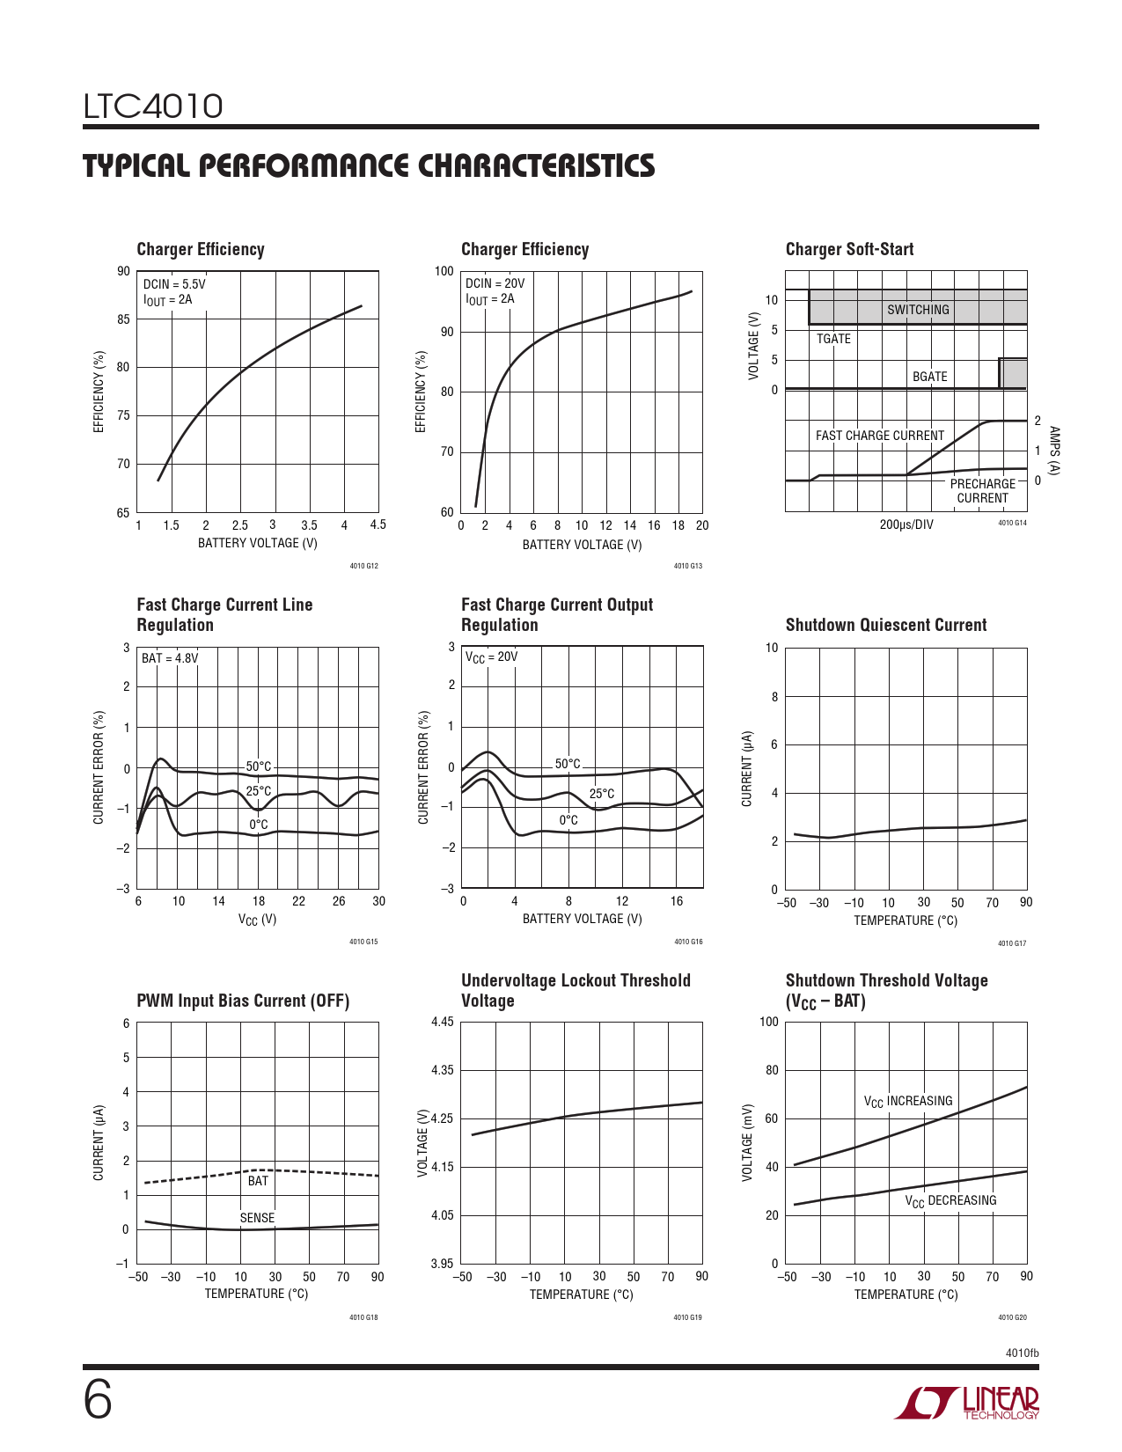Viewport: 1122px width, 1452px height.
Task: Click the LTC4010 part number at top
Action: click(152, 106)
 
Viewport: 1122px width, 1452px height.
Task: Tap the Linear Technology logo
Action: click(966, 1403)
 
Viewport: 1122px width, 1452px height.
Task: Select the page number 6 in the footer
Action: click(98, 1401)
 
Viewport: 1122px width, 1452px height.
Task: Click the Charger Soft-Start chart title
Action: click(849, 249)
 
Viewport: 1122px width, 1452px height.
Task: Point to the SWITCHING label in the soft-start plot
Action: click(918, 310)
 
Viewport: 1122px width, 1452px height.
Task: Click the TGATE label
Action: click(833, 339)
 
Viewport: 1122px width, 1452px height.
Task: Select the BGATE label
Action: click(929, 376)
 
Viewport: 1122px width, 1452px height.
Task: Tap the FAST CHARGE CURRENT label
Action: click(879, 435)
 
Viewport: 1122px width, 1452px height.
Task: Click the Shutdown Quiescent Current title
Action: click(885, 625)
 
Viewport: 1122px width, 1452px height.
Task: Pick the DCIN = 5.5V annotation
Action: click(173, 284)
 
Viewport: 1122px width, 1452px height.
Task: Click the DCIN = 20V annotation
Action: click(495, 283)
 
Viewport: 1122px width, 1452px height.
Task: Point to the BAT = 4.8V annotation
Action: click(170, 658)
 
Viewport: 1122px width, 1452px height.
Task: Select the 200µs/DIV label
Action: click(906, 524)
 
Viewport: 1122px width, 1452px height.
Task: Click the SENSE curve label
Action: click(257, 1217)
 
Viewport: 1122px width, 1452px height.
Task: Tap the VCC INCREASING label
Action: click(907, 1101)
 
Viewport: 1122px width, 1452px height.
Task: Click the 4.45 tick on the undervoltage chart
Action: click(442, 1022)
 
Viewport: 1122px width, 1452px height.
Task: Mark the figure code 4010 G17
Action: click(1012, 943)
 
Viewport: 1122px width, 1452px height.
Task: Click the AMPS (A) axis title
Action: click(1054, 451)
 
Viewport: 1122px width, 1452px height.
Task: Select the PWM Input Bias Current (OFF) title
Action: click(243, 1001)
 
